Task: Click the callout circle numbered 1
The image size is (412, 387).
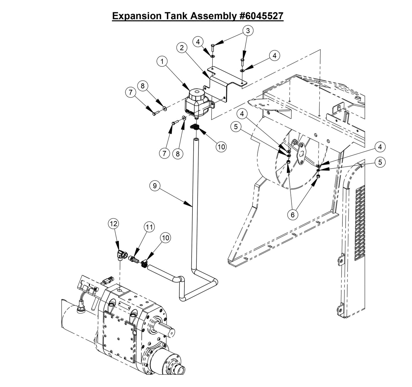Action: tap(162, 61)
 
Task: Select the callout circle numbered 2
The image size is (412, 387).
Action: tap(181, 48)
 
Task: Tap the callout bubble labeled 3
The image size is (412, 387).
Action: tap(248, 30)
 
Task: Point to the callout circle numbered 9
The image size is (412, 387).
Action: tap(155, 186)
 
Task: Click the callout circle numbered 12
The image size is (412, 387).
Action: tap(113, 224)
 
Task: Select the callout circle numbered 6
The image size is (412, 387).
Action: tap(293, 215)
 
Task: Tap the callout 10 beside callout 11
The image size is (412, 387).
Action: tap(166, 238)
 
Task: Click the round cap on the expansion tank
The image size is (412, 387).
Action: tap(196, 94)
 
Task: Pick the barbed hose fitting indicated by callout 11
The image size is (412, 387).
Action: tap(133, 259)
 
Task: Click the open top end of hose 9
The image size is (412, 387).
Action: tap(196, 139)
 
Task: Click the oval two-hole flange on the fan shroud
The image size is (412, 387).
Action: tap(300, 153)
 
